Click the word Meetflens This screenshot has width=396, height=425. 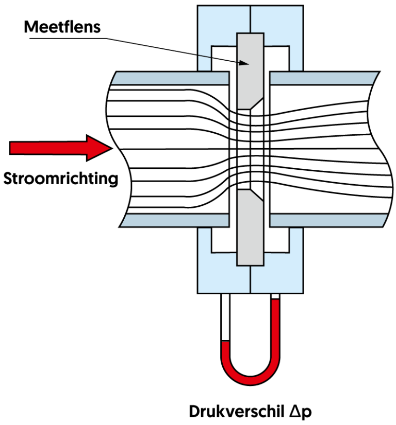click(x=63, y=26)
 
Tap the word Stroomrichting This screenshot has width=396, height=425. click(x=60, y=179)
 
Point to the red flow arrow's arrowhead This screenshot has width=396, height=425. click(x=101, y=148)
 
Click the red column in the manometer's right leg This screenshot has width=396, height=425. click(x=275, y=329)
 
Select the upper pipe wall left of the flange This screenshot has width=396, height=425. click(x=170, y=78)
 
